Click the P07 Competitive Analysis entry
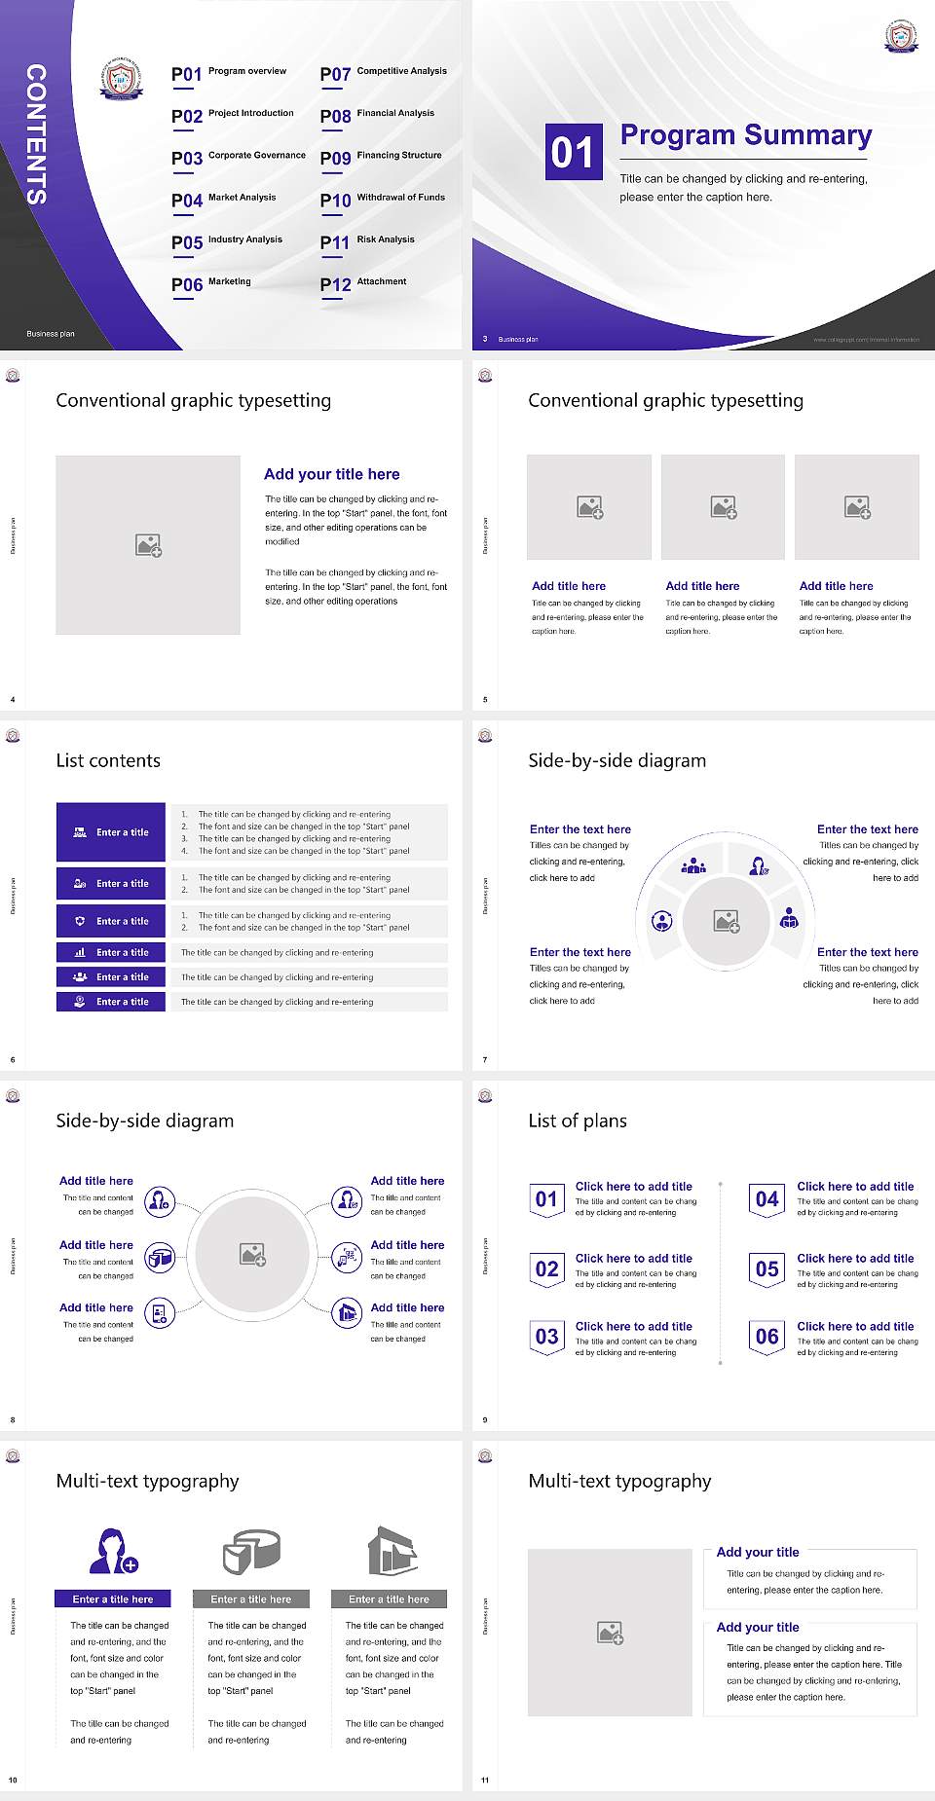[x=383, y=74]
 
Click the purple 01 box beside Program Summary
[x=573, y=152]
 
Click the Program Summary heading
[x=745, y=135]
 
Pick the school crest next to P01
[x=122, y=79]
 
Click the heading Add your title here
[x=331, y=474]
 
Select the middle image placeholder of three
[x=723, y=507]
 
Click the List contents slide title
[x=108, y=760]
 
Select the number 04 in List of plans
[x=767, y=1199]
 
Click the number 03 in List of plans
[x=546, y=1337]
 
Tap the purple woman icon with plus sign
[x=113, y=1551]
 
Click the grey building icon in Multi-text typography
[x=392, y=1551]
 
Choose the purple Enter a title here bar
[x=113, y=1599]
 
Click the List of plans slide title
[x=578, y=1121]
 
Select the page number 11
[x=485, y=1781]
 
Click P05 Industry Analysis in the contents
[x=227, y=242]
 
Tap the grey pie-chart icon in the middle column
[x=251, y=1551]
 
